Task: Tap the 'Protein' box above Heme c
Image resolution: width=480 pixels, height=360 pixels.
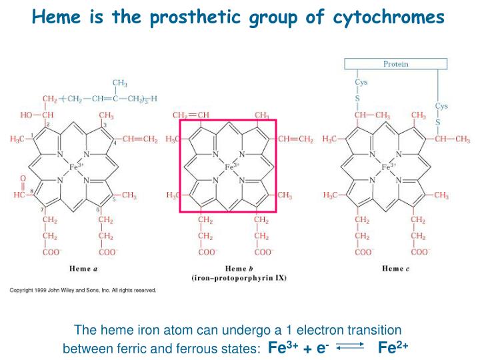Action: [395, 64]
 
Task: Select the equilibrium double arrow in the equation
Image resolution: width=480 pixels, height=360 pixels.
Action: [350, 347]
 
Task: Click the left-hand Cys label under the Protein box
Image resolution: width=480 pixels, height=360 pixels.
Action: [361, 82]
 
